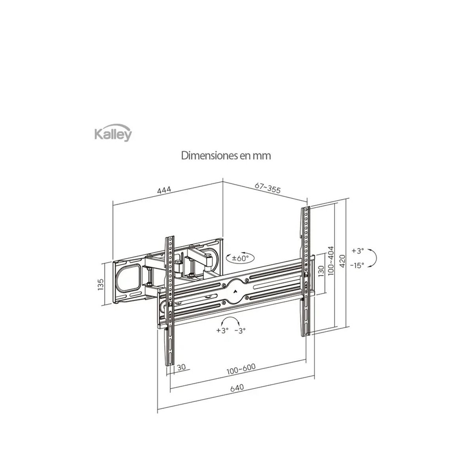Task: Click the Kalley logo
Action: pyautogui.click(x=113, y=133)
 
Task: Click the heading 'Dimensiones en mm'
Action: pyautogui.click(x=226, y=156)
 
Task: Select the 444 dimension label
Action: pyautogui.click(x=164, y=190)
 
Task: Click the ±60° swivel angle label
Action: pyautogui.click(x=240, y=258)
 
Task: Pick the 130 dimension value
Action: pyautogui.click(x=321, y=271)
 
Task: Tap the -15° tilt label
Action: pyautogui.click(x=357, y=265)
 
